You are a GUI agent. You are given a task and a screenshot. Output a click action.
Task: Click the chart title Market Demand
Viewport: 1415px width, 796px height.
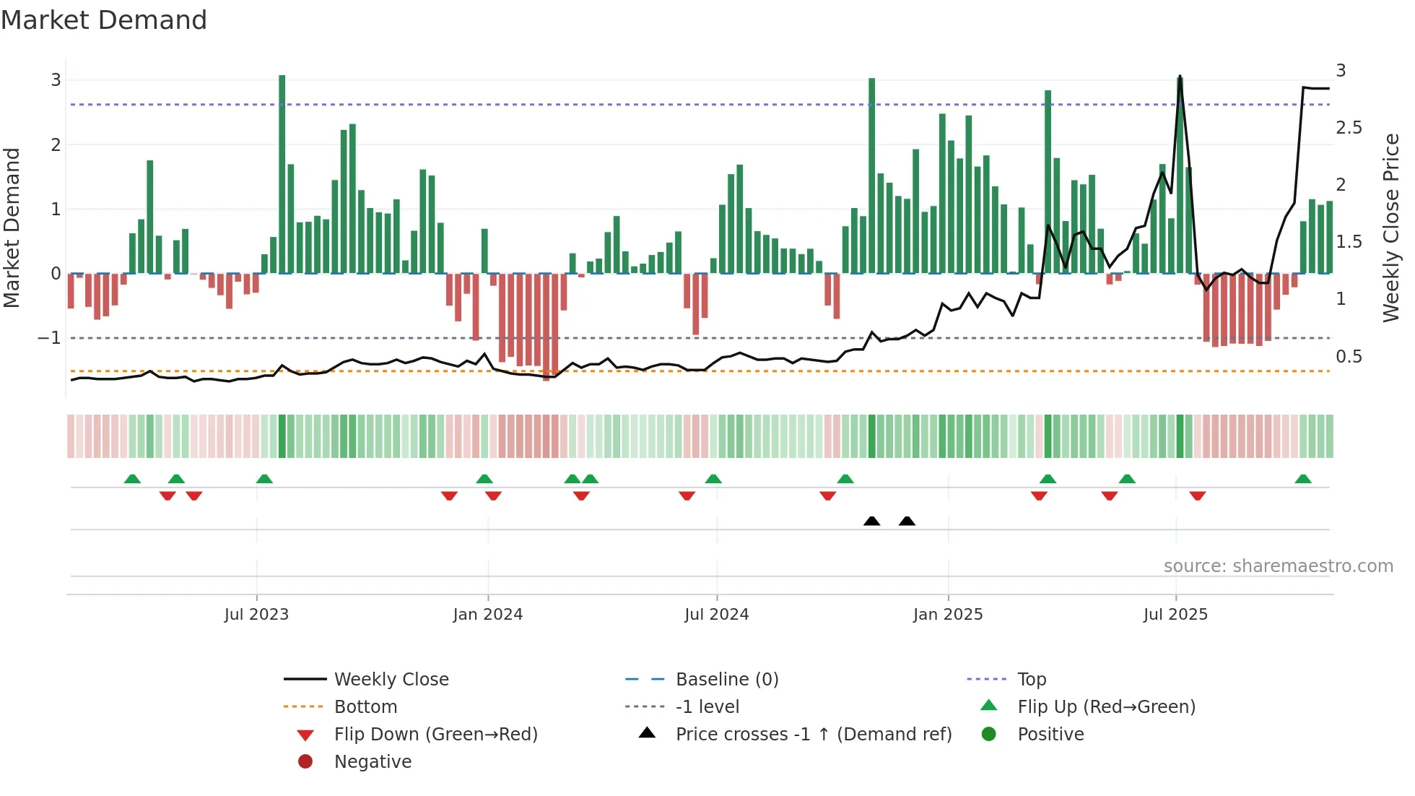click(x=104, y=20)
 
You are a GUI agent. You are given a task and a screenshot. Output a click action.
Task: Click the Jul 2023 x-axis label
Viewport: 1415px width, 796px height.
click(x=256, y=615)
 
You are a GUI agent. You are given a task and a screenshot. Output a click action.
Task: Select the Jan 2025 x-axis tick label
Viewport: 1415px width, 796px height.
click(x=947, y=615)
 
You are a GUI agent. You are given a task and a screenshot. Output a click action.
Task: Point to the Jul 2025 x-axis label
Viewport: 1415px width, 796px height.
click(x=1175, y=615)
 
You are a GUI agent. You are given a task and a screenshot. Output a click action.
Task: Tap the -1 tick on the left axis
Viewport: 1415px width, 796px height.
click(x=49, y=338)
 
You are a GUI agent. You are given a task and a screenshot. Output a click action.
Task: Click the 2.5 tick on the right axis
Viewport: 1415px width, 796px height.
click(x=1349, y=128)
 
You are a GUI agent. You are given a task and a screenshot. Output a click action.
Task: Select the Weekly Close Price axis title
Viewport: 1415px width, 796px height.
click(x=1390, y=228)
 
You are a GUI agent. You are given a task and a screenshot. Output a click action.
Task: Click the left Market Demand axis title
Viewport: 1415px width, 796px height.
click(x=12, y=228)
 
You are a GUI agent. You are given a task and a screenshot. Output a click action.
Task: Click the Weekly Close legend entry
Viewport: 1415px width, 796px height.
click(x=391, y=680)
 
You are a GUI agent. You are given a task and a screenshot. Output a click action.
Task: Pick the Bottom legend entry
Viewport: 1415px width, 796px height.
click(x=365, y=707)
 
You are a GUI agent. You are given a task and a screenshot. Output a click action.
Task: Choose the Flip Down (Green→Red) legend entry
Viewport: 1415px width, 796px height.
click(x=435, y=735)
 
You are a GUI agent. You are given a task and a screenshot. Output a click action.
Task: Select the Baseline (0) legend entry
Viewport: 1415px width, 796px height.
click(x=726, y=680)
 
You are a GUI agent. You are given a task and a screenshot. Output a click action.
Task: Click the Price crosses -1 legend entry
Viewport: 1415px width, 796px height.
click(x=813, y=735)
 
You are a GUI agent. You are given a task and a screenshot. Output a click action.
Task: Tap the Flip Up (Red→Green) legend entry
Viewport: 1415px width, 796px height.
click(x=1106, y=707)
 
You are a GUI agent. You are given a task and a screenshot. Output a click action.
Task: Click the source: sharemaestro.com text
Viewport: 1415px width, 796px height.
click(x=1278, y=566)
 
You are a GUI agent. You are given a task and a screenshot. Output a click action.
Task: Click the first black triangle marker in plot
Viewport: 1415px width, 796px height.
click(x=871, y=521)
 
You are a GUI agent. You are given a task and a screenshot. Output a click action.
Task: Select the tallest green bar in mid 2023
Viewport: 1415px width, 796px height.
click(x=282, y=173)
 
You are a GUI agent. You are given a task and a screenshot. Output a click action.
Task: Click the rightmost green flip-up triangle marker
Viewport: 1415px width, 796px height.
click(x=1303, y=479)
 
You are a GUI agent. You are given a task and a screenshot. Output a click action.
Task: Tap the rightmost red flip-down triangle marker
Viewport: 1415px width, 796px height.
click(x=1198, y=496)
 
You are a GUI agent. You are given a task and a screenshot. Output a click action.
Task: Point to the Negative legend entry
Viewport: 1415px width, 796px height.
click(x=373, y=762)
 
